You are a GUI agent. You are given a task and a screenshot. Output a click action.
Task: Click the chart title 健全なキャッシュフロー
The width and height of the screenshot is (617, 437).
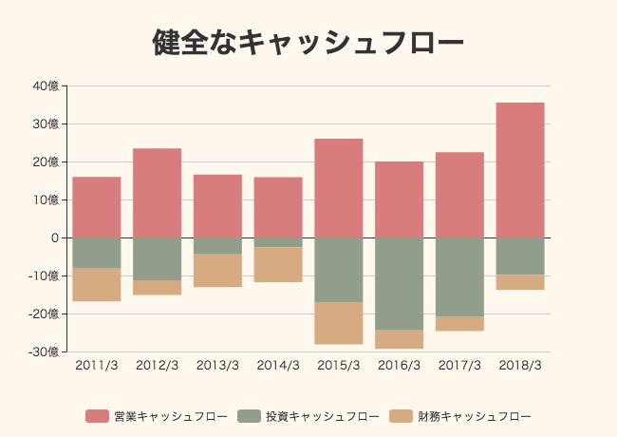coord(308,43)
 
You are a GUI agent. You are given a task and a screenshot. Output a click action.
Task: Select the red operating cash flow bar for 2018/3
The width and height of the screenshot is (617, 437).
coord(520,170)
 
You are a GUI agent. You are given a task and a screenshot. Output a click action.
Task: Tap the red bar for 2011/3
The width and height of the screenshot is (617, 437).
coord(97,207)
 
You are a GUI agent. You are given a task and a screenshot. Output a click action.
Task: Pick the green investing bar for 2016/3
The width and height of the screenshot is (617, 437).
coord(400,283)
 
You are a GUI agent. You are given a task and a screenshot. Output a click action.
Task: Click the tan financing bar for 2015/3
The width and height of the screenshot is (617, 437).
coord(339,323)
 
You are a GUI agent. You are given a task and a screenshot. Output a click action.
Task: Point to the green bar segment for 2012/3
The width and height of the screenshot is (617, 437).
coord(158,258)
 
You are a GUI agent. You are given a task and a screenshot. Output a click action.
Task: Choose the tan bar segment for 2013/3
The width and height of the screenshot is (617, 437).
coord(218,270)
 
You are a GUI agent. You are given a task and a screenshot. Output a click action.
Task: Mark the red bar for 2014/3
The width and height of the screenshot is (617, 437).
coord(278,207)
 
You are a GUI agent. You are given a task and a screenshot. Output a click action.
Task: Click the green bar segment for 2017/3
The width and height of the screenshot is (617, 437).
coord(459,276)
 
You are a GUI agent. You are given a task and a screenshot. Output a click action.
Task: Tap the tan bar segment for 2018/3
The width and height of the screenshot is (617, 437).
coord(520,282)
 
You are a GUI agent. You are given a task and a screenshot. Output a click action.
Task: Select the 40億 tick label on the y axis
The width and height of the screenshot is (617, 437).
coord(46,85)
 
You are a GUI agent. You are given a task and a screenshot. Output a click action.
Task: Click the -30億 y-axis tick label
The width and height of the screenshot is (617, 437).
coord(43,351)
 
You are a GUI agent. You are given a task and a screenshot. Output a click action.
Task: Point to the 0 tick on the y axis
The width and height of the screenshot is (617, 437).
coord(55,237)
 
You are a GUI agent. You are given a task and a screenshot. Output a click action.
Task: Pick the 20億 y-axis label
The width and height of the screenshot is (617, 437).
coord(46,161)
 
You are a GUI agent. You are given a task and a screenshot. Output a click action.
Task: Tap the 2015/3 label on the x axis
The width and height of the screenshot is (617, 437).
coord(339,366)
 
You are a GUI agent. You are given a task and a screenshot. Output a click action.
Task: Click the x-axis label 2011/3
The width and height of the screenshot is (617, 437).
coord(97,366)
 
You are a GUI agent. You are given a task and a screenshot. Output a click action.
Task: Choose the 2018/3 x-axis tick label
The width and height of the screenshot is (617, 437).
coord(520,366)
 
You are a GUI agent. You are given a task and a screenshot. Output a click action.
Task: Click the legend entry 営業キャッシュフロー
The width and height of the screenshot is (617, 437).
coord(170,416)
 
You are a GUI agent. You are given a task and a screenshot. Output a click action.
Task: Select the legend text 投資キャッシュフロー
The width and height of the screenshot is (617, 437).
coord(322,416)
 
